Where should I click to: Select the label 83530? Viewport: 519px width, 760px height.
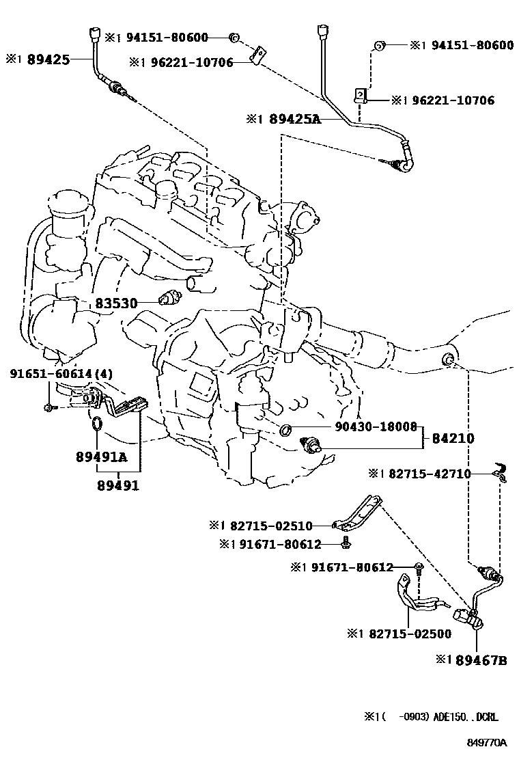(x=116, y=303)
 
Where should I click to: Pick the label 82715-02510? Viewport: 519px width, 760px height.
(x=271, y=526)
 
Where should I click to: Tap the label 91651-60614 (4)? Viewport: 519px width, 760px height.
(x=61, y=374)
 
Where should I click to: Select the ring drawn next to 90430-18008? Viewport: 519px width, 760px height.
(x=286, y=430)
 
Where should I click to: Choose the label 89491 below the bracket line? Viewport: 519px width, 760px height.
(x=117, y=486)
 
